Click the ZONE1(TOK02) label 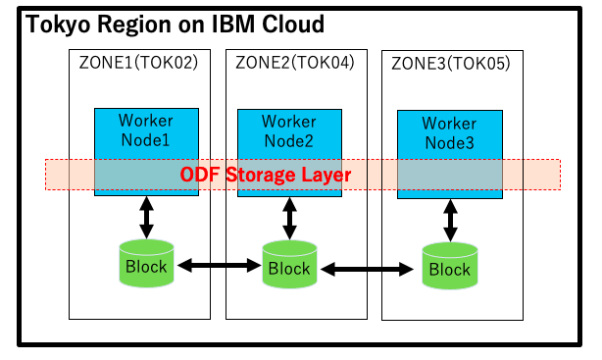coord(138,63)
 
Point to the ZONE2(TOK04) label coord(295,63)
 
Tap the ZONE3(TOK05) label coord(450,63)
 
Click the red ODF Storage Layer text coord(265,175)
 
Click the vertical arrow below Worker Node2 coord(289,218)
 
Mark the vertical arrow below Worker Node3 coord(450,221)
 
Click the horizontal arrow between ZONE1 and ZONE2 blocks coord(219,265)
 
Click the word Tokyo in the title coord(56,24)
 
